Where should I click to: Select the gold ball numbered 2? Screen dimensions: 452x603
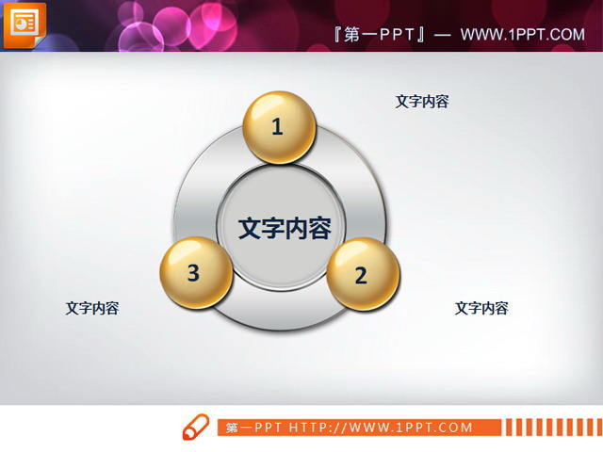363,274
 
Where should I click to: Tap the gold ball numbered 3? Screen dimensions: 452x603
196,274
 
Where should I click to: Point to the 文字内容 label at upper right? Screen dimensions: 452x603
422,102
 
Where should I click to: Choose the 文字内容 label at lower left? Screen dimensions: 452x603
92,308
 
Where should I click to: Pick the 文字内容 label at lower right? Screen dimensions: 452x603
481,308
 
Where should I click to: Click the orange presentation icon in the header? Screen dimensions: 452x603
22,24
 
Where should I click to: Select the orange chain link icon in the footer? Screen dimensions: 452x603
195,427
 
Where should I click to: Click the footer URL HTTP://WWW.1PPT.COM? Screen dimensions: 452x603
381,428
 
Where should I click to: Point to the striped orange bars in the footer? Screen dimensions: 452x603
550,428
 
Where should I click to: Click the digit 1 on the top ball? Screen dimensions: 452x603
277,127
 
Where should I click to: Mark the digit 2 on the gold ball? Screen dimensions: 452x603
360,276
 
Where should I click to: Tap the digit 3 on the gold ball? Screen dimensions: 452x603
193,273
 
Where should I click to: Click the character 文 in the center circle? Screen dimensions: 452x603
250,229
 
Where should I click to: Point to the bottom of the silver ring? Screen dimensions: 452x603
280,320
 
